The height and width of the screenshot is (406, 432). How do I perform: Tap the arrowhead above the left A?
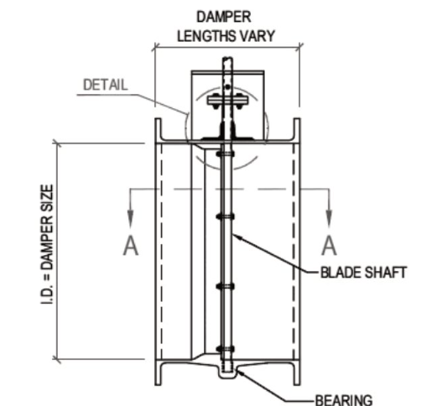coord(129,220)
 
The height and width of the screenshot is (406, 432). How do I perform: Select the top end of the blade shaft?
coord(226,60)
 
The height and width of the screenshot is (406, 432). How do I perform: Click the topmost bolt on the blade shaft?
coord(223,154)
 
